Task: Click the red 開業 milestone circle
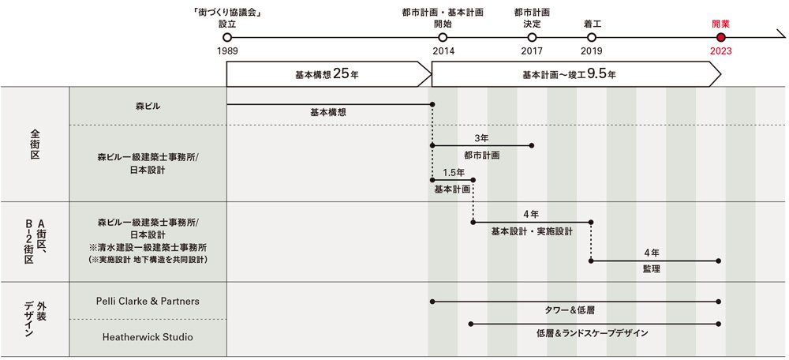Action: click(x=720, y=37)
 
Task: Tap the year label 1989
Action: click(x=227, y=51)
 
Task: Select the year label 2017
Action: click(x=532, y=51)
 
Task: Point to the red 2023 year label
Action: click(x=720, y=51)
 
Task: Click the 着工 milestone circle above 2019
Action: click(x=592, y=37)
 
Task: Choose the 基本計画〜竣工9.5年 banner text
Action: click(x=569, y=74)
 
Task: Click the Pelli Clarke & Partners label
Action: click(x=148, y=301)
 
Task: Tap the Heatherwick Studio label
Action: click(x=148, y=337)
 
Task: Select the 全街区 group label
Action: click(x=35, y=144)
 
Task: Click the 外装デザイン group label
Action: click(x=35, y=321)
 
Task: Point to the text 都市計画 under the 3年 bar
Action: click(x=481, y=156)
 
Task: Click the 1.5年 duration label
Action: click(x=453, y=171)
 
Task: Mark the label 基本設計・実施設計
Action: click(x=531, y=232)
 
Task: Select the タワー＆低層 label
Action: click(x=575, y=310)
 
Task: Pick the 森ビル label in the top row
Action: click(x=148, y=105)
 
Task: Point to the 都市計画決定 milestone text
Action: click(x=532, y=17)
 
